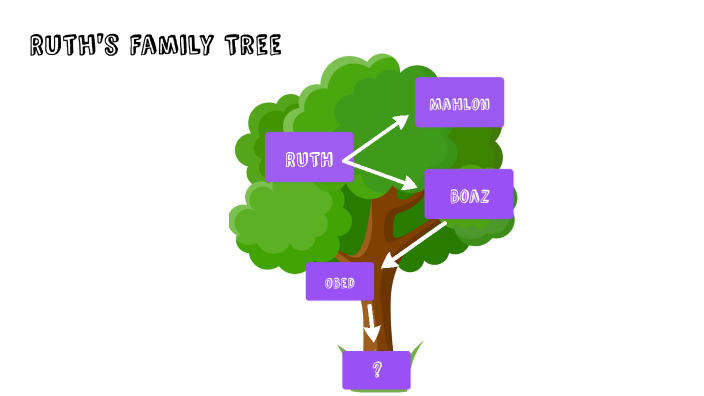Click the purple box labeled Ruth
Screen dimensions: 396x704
[x=309, y=157]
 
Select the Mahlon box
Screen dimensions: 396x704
[x=459, y=102]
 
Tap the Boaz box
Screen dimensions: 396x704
[x=468, y=194]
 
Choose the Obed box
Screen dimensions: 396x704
[x=339, y=281]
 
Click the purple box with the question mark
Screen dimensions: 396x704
[x=376, y=370]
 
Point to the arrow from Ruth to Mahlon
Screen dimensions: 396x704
[x=376, y=138]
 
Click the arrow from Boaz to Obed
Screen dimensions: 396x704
[x=414, y=243]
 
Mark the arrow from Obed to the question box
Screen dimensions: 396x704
[x=371, y=321]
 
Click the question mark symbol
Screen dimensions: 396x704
[x=377, y=370]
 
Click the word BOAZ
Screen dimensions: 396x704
[x=469, y=196]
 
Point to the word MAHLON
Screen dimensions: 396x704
[x=459, y=104]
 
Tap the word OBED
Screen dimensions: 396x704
[x=340, y=283]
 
